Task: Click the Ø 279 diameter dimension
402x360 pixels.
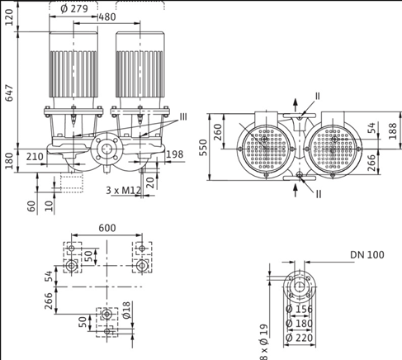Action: click(74, 8)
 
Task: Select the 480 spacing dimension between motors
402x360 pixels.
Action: click(107, 17)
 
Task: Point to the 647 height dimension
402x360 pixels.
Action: click(9, 93)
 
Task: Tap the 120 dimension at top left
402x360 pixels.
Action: click(9, 17)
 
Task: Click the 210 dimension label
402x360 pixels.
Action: click(35, 157)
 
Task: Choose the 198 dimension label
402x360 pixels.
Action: click(175, 154)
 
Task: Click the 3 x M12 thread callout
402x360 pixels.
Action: click(124, 191)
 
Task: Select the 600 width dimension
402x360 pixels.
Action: click(107, 228)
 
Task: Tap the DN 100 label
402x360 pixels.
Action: click(367, 255)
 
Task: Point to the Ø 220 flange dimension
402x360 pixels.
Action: click(300, 338)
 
